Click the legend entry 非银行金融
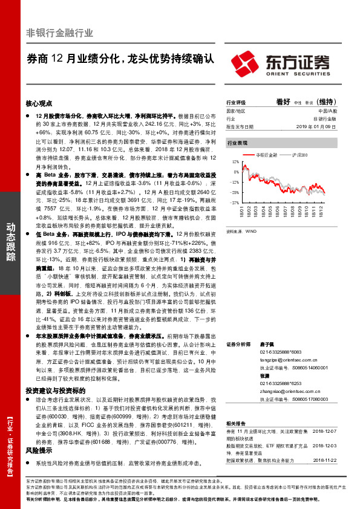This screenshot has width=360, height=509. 270,155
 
